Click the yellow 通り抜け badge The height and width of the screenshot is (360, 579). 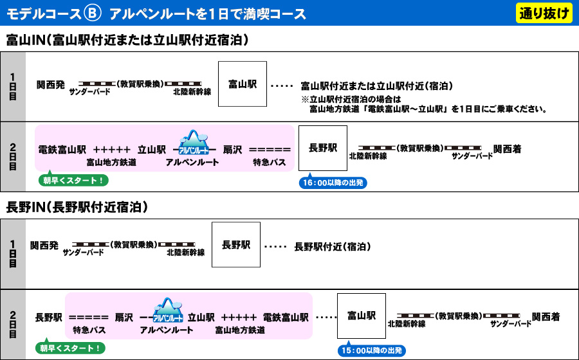point(544,13)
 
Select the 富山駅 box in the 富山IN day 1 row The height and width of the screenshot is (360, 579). point(243,84)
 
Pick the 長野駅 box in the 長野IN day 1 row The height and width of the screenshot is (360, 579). point(236,245)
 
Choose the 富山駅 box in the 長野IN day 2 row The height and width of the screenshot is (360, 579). point(361,316)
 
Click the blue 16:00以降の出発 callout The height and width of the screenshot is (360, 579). point(334,183)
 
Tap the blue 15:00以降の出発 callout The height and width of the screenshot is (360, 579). point(371,350)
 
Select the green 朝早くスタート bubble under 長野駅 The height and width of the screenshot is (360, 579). point(70,348)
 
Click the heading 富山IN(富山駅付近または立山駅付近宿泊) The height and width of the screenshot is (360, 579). point(127,40)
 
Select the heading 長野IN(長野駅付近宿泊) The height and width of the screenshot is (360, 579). point(77,208)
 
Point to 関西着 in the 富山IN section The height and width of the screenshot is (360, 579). point(508,149)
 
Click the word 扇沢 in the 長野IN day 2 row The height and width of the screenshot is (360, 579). point(124,317)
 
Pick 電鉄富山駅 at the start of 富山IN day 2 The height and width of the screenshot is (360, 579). point(62,149)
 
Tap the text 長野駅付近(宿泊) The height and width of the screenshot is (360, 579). point(332,246)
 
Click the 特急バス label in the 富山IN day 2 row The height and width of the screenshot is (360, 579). point(270,163)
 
